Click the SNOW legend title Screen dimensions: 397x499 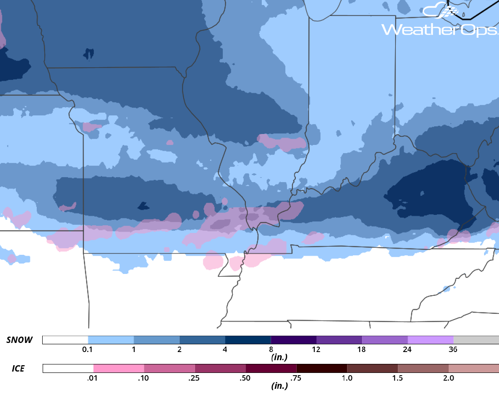click(20, 340)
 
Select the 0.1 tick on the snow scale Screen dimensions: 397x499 click(88, 349)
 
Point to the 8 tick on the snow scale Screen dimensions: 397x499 click(271, 349)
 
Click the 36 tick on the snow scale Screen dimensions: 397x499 click(453, 349)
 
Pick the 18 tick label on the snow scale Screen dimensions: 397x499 click(362, 349)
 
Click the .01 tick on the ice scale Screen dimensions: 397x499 click(93, 377)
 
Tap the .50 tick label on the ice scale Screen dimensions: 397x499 click(245, 377)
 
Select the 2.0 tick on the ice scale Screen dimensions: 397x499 click(448, 377)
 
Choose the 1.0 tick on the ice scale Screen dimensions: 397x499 click(347, 377)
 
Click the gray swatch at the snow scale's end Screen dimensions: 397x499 click(476, 340)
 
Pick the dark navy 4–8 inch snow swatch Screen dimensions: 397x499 click(248, 340)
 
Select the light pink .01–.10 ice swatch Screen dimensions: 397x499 click(119, 368)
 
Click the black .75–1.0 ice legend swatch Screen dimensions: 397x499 click(322, 368)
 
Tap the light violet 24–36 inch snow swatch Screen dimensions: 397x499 click(431, 340)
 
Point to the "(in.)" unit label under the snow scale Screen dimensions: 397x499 click(279, 357)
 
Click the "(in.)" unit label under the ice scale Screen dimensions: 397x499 click(279, 386)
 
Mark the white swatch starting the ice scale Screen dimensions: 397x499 click(68, 368)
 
